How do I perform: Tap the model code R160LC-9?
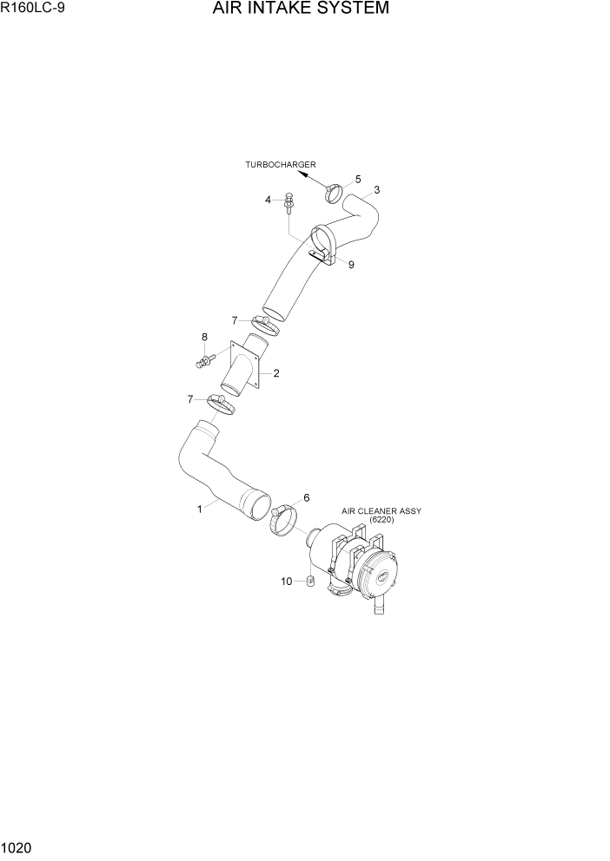32,9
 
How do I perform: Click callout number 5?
357,179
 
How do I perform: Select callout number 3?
376,190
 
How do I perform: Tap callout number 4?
269,200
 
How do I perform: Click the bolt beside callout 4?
289,201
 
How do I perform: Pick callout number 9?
351,266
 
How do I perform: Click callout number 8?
204,337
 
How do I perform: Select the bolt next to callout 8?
204,357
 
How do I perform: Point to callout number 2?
275,374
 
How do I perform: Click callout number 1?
200,509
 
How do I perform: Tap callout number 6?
306,498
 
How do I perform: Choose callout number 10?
286,582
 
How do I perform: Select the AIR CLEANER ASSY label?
381,511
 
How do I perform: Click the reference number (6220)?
381,520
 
